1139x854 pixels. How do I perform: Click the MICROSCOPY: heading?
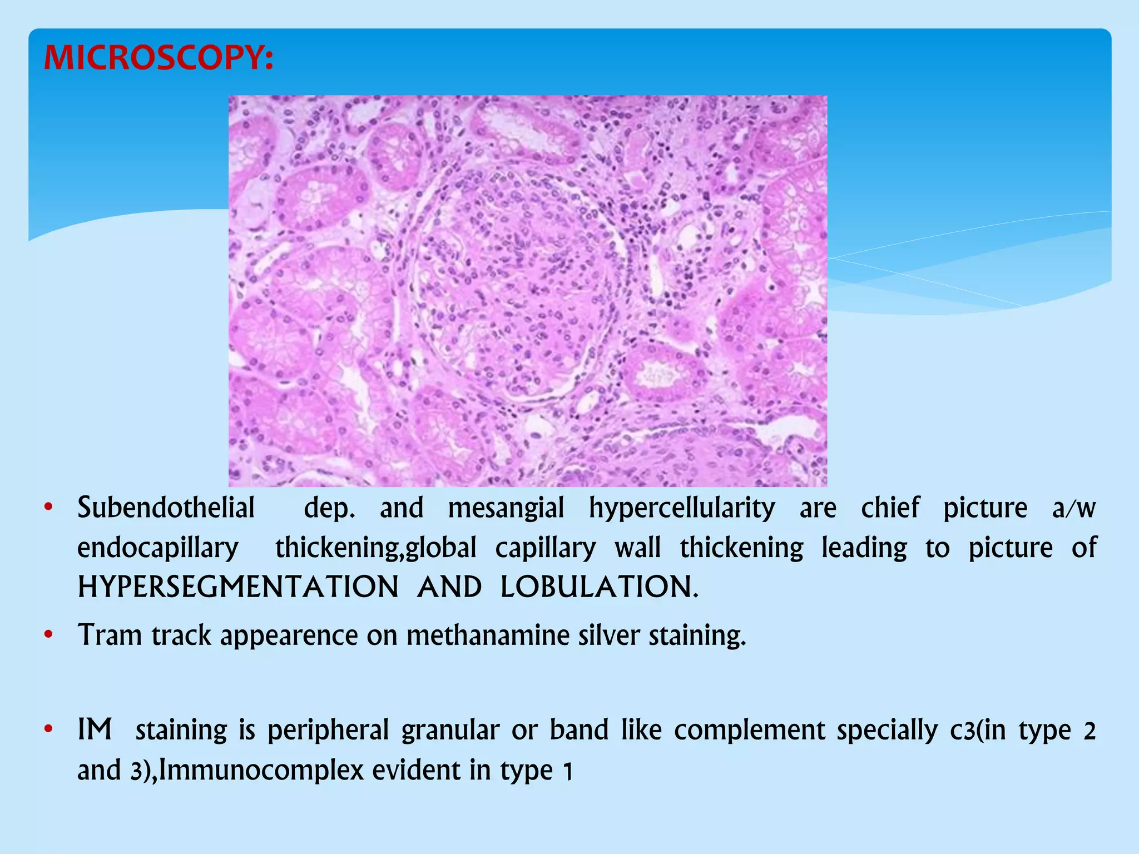click(159, 58)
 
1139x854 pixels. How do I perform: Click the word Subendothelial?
click(166, 508)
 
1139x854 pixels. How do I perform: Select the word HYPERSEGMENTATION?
click(238, 587)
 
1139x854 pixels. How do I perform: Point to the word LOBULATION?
click(598, 587)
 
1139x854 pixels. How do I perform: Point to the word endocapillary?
click(158, 548)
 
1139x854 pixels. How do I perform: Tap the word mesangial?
click(506, 508)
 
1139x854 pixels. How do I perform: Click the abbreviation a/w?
click(1073, 508)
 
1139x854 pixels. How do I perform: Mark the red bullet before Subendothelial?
click(48, 508)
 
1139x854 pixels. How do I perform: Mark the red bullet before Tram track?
click(48, 634)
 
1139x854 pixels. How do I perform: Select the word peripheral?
click(328, 731)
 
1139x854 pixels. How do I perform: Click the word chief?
click(890, 508)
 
